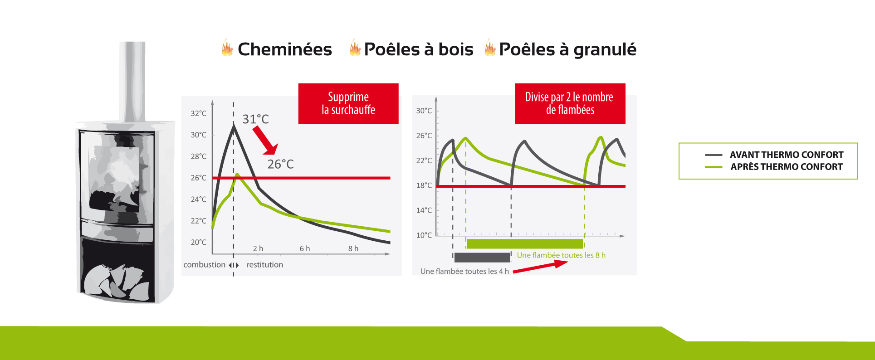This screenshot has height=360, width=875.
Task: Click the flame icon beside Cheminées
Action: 227,48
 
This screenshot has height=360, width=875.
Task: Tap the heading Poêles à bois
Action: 419,49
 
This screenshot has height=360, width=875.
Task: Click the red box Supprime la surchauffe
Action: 348,103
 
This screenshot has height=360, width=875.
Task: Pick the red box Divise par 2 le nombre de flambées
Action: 570,103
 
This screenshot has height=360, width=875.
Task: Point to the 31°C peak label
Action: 255,119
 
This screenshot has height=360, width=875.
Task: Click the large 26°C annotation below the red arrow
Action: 280,164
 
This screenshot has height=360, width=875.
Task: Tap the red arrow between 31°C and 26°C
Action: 265,140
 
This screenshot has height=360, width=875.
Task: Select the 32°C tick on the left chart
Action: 198,113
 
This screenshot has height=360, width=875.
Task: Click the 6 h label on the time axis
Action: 305,248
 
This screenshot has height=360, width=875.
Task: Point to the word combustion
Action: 204,265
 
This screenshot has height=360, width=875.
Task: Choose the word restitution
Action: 265,265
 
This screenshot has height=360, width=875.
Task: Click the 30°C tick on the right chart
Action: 424,111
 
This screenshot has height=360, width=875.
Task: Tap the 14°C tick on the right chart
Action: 424,210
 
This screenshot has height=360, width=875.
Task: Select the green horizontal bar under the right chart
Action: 525,243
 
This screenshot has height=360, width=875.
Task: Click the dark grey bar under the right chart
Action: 482,258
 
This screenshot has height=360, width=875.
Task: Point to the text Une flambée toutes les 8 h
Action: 561,255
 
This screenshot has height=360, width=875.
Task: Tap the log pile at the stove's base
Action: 117,282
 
